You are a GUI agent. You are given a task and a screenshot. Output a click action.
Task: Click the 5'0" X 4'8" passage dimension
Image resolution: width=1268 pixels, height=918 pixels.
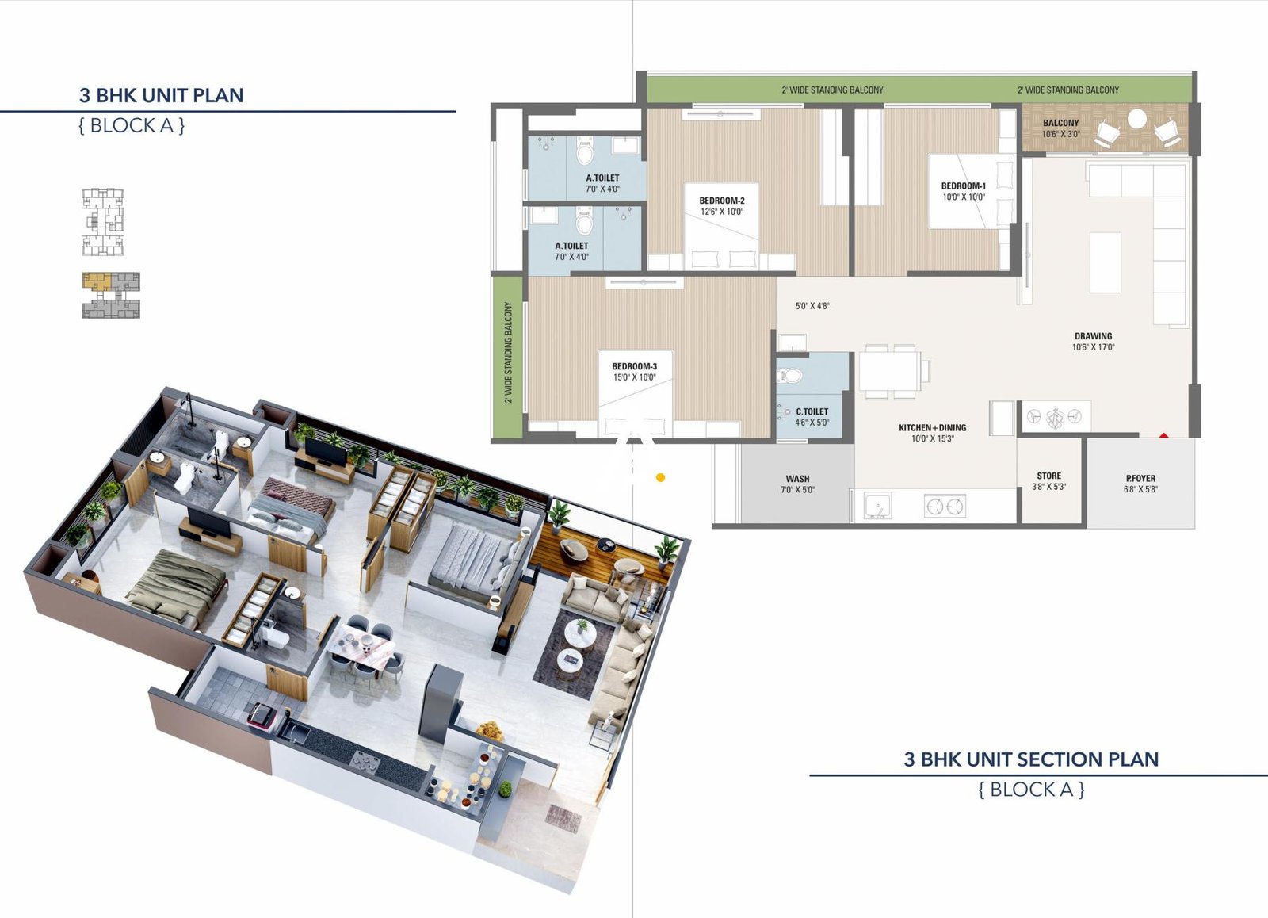click(812, 306)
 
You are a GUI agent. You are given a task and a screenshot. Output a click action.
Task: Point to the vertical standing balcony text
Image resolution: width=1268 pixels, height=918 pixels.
click(508, 353)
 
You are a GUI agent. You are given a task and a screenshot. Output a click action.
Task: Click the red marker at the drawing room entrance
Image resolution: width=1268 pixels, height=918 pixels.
click(1163, 435)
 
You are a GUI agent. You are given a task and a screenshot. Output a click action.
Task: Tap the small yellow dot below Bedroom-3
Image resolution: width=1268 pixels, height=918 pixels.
click(660, 477)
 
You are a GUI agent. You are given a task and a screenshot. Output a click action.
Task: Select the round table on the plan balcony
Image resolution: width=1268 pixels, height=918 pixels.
click(1136, 119)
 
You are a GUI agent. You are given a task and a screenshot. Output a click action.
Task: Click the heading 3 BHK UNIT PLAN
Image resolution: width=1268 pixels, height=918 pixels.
click(161, 95)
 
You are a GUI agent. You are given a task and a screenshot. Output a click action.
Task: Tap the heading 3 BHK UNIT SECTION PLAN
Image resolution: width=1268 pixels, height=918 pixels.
click(1031, 759)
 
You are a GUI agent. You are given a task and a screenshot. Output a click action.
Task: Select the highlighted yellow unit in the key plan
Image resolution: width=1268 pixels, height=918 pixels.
click(98, 281)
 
